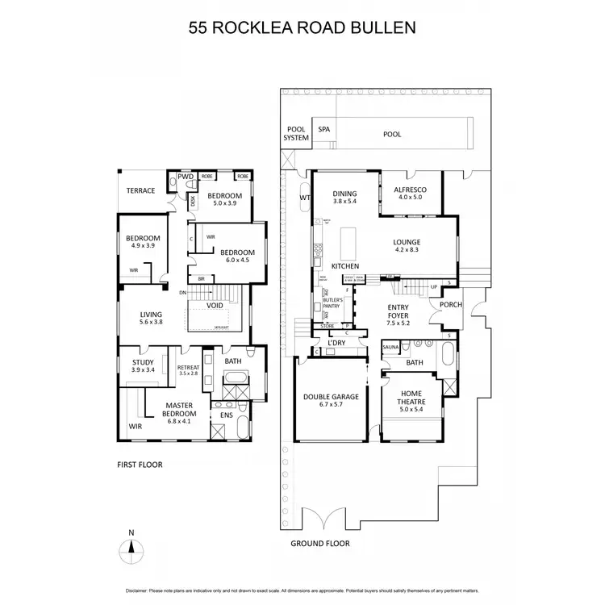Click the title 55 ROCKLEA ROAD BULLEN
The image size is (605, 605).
click(302, 28)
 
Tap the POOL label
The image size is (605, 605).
click(392, 134)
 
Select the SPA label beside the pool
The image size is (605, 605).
click(324, 129)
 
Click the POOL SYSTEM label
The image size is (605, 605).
click(296, 133)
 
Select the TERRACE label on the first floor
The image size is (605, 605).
click(141, 191)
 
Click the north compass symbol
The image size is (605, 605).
click(130, 552)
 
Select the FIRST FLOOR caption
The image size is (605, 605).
click(141, 466)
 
